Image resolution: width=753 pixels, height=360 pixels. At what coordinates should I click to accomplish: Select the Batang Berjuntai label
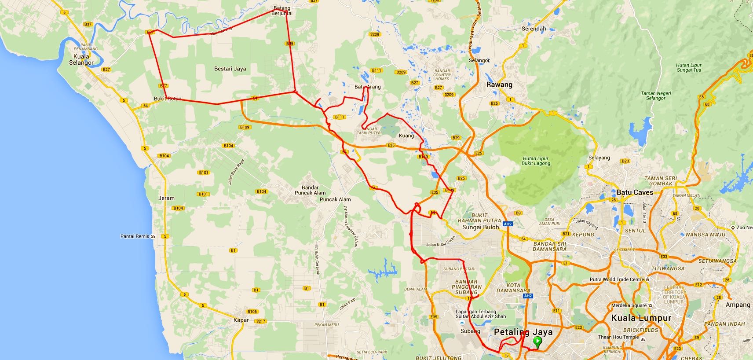[x=282, y=11]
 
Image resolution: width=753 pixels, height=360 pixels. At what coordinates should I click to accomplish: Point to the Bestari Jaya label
[x=230, y=69]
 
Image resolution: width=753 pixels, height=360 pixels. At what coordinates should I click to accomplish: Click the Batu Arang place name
[x=368, y=87]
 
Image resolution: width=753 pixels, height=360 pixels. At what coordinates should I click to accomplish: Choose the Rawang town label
[x=499, y=85]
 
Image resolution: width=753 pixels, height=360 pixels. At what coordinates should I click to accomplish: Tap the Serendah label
[x=534, y=29]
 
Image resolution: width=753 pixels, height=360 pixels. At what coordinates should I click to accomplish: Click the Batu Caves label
[x=635, y=192]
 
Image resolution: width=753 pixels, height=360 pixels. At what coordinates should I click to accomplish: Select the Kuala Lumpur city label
[x=641, y=318]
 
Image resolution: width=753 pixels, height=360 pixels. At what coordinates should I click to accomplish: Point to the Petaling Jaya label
[x=523, y=332]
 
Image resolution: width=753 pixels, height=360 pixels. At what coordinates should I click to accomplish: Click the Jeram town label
[x=167, y=198]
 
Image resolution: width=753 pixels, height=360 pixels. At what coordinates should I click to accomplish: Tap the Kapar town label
[x=241, y=320]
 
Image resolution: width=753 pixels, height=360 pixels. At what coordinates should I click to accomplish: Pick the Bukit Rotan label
[x=168, y=99]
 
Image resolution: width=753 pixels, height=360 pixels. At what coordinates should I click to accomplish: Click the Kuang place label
[x=406, y=136]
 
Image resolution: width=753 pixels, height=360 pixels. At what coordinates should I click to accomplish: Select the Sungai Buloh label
[x=481, y=228]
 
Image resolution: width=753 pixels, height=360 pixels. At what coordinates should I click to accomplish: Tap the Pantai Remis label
[x=135, y=236]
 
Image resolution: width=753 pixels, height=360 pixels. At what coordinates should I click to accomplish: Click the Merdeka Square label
[x=629, y=305]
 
